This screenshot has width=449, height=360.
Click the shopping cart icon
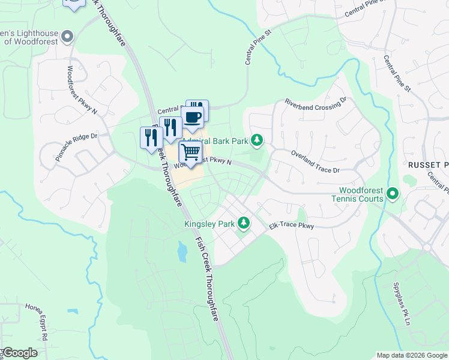[191, 152]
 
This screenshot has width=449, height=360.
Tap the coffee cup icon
[193, 118]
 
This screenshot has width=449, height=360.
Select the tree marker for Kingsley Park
[243, 224]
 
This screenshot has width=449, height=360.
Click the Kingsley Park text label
[209, 224]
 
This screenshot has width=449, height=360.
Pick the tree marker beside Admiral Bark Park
[257, 140]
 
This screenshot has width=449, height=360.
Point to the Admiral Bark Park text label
[223, 141]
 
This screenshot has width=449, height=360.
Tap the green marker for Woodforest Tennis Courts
[393, 194]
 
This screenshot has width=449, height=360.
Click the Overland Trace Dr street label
[315, 162]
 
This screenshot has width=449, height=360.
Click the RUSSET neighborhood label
[424, 164]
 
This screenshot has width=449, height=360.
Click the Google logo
[19, 353]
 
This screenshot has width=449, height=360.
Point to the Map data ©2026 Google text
[412, 355]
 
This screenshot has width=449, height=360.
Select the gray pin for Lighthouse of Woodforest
[67, 37]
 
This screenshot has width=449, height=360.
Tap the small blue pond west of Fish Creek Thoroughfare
[182, 252]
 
